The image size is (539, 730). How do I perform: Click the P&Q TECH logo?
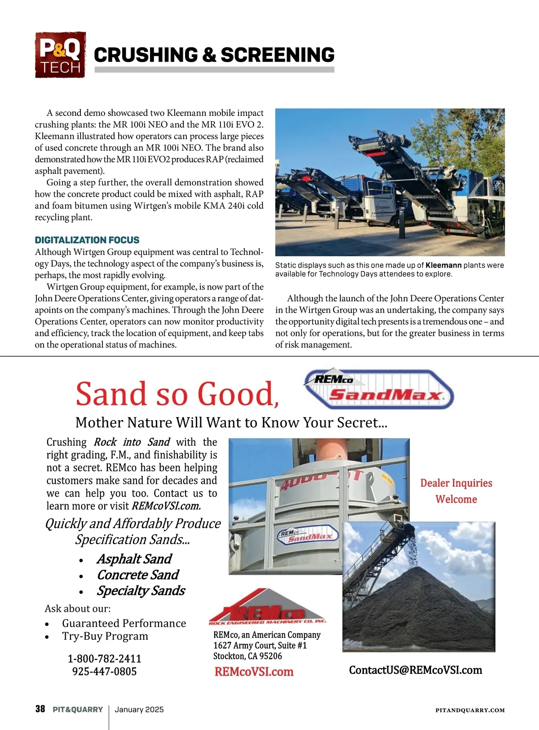tap(60, 55)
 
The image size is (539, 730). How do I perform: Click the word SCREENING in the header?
tap(278, 55)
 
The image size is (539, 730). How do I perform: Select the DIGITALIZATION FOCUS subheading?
tap(87, 240)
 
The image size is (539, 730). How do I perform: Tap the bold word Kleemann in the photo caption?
tap(443, 265)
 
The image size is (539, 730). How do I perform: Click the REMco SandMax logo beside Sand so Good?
tap(379, 389)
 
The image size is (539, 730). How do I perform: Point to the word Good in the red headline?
tap(237, 394)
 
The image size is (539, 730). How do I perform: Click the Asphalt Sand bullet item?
tap(134, 559)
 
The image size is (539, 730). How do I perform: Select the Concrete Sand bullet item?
tap(137, 575)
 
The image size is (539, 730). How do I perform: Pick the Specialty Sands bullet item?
tap(141, 591)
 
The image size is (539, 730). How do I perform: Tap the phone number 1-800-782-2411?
tap(104, 659)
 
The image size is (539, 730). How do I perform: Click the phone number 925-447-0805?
tap(104, 672)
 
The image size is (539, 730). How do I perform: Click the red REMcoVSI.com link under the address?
tap(254, 672)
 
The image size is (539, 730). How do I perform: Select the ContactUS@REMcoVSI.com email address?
tap(415, 670)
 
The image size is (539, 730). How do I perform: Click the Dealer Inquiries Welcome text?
tap(456, 491)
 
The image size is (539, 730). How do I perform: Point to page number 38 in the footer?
tap(40, 709)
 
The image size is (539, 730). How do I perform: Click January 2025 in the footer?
tap(139, 709)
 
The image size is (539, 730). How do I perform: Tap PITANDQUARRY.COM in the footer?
tap(470, 710)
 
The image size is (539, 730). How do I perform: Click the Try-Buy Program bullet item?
tap(105, 636)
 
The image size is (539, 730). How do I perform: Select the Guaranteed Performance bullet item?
tap(124, 623)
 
